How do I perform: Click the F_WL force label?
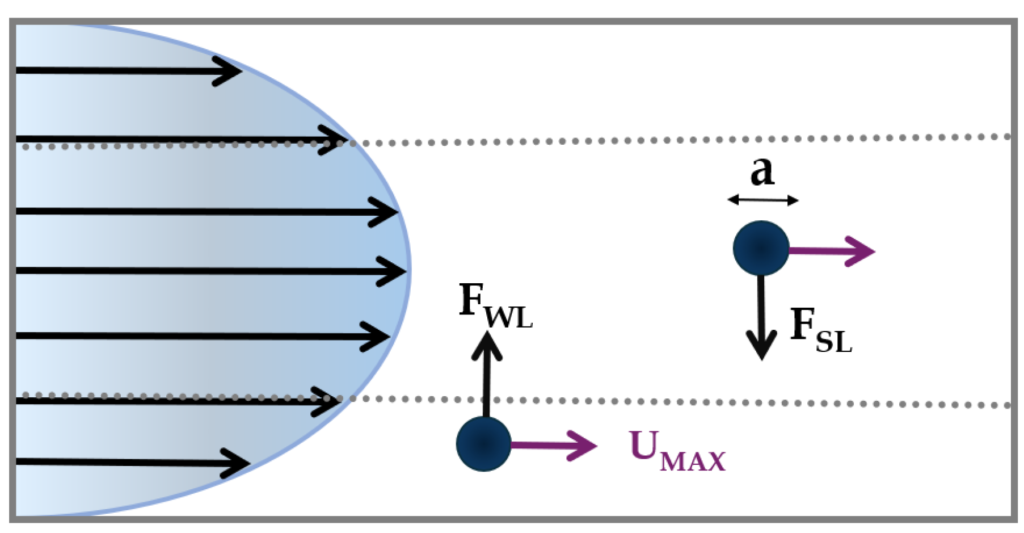tap(495, 307)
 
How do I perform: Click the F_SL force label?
tap(820, 331)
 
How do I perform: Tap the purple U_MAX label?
tap(677, 451)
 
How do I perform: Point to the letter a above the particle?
tap(761, 170)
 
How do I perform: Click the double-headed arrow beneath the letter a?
tap(763, 200)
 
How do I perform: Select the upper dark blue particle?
tap(761, 249)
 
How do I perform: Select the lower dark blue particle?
tap(484, 444)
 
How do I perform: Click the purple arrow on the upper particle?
tap(834, 250)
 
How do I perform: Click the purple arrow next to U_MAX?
tap(556, 446)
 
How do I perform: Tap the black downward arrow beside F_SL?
tap(761, 318)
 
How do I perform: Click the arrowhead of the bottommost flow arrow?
tap(238, 463)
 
